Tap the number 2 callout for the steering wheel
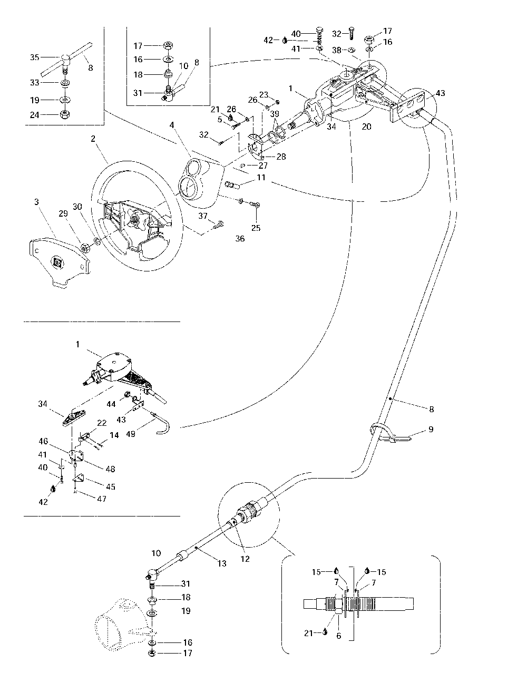tap(93, 140)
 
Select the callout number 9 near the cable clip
tap(431, 430)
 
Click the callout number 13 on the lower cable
tap(222, 563)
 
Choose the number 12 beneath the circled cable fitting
tap(245, 559)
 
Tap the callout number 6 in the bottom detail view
tap(338, 636)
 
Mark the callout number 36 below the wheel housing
tap(240, 239)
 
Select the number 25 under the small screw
tap(256, 228)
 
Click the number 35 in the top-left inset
tap(34, 57)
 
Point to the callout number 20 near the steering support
tap(367, 127)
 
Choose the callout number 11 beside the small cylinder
tap(261, 179)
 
